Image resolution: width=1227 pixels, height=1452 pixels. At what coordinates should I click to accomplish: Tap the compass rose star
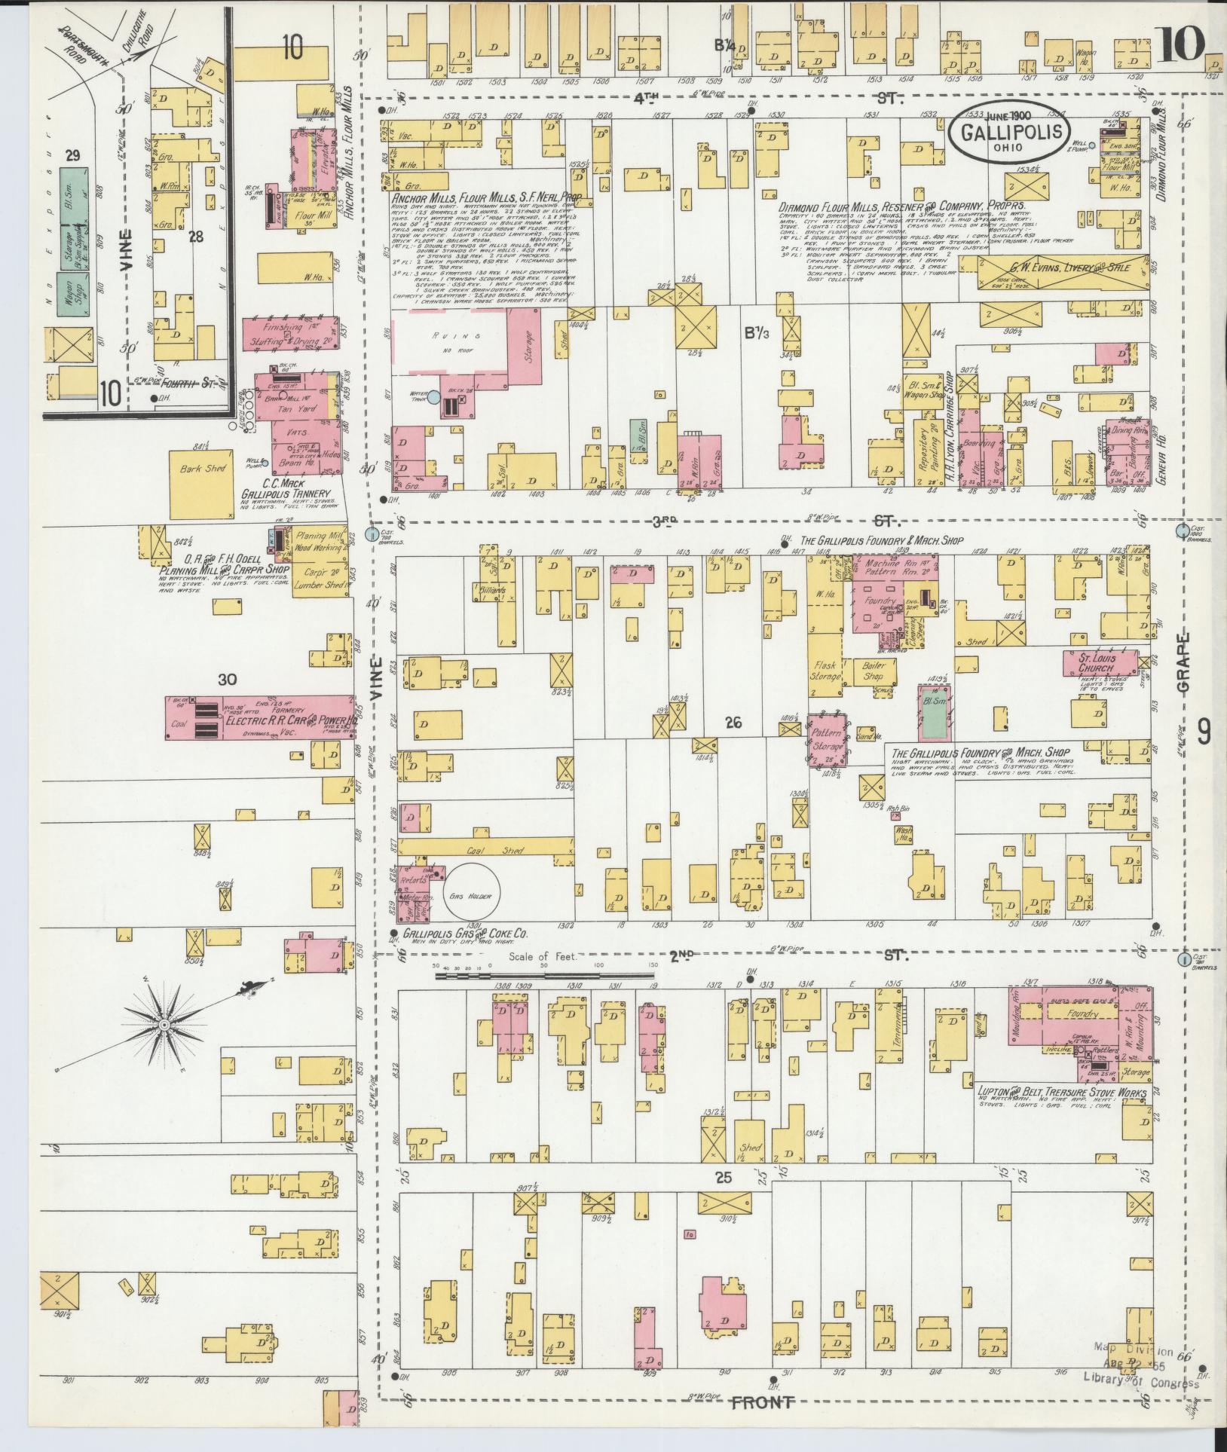click(x=163, y=1026)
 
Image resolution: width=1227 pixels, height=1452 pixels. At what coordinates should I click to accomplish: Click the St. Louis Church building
click(x=1100, y=663)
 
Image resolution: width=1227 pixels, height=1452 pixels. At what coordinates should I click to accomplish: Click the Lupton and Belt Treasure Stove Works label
click(x=1061, y=1093)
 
